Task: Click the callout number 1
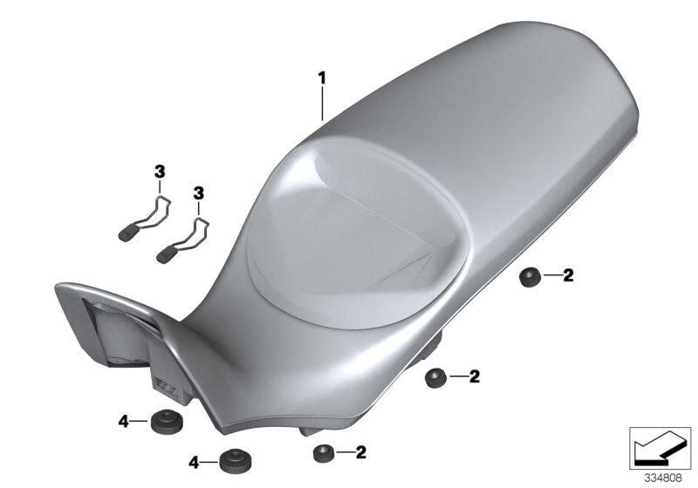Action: click(x=322, y=78)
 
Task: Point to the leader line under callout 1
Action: click(x=322, y=105)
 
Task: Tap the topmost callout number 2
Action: click(x=567, y=276)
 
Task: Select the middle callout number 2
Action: click(x=474, y=376)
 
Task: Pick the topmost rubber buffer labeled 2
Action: click(x=529, y=277)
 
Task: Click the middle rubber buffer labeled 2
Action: click(x=435, y=377)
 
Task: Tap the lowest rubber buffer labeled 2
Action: click(x=323, y=452)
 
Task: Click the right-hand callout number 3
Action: click(x=198, y=191)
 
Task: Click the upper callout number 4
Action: click(x=124, y=422)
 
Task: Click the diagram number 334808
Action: click(x=664, y=478)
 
